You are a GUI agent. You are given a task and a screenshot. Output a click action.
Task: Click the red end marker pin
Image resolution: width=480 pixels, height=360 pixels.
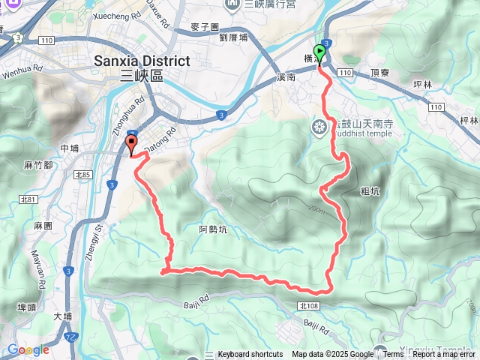(x=131, y=144)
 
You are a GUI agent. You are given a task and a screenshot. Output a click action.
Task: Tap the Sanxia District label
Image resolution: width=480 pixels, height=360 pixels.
(x=142, y=60)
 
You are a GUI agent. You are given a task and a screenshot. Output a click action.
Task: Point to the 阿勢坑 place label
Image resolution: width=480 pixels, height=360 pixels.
(x=213, y=229)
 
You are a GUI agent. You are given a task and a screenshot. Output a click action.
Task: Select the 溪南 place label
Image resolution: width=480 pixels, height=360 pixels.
(x=286, y=77)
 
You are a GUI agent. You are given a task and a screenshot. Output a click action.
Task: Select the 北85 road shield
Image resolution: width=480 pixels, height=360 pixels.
(x=83, y=175)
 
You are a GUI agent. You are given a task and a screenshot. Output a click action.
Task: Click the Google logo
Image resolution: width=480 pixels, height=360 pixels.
(x=28, y=349)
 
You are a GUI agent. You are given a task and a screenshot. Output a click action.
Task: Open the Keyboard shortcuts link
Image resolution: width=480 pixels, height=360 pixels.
(x=250, y=355)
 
